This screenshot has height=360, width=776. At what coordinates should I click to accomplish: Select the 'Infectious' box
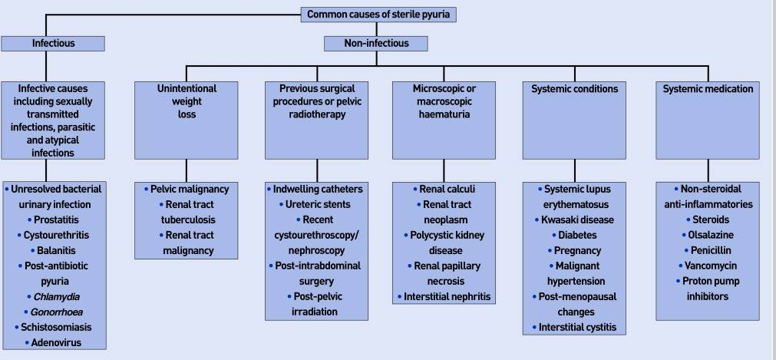53,43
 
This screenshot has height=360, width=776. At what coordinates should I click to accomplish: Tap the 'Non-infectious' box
376,43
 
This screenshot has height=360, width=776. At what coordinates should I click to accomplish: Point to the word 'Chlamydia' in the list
56,297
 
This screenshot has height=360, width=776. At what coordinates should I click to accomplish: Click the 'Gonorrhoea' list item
56,312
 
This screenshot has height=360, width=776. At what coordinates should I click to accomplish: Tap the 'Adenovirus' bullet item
55,343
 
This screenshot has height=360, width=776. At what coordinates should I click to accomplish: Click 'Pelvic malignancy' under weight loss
189,189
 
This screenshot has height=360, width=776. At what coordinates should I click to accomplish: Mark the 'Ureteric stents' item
318,204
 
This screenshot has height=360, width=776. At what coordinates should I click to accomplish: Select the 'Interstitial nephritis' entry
444,296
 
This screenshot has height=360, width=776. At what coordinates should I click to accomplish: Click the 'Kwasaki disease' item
576,220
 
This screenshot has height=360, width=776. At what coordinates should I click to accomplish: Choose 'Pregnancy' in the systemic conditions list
576,250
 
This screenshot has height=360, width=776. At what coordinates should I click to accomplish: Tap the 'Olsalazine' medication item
708,235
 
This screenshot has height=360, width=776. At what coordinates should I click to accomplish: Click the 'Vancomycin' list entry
708,266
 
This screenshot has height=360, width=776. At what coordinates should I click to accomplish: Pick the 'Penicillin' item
708,250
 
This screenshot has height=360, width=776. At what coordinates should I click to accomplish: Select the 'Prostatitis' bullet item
55,220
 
